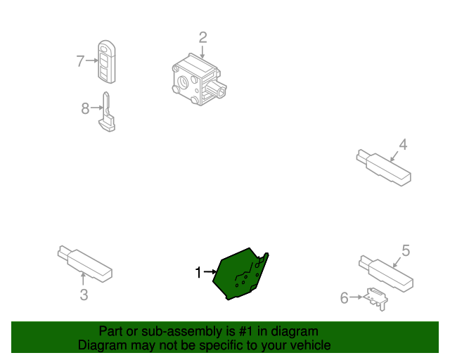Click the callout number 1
[198, 272]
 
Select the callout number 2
[202, 37]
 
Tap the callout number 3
[84, 295]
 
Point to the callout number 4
[403, 145]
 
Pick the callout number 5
[406, 250]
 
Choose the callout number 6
[345, 298]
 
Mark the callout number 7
[80, 61]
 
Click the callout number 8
[85, 108]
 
